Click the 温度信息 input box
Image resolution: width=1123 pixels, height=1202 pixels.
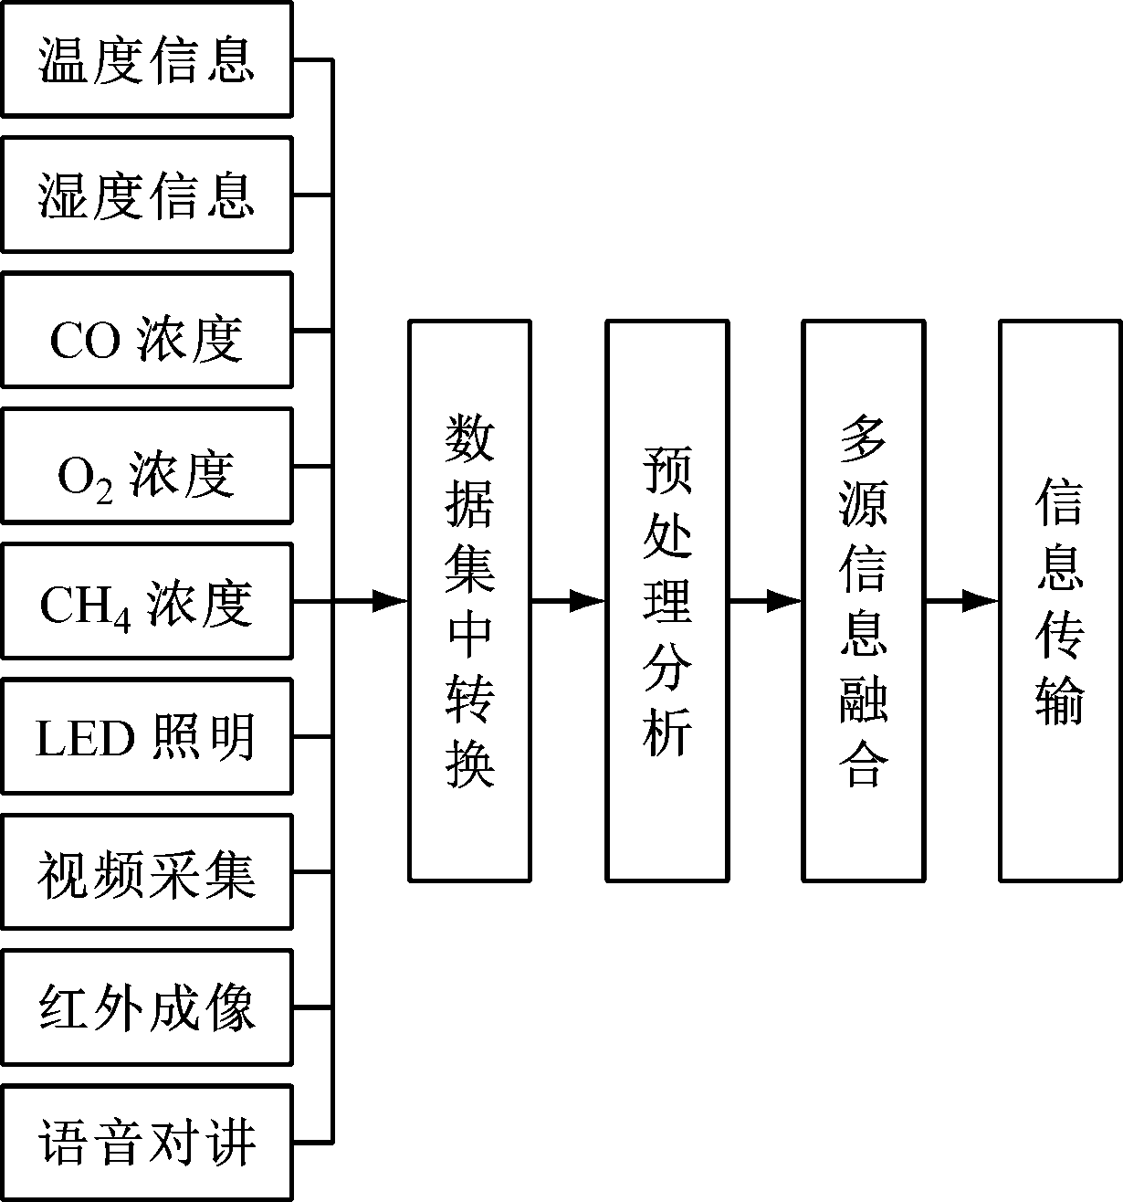pos(146,59)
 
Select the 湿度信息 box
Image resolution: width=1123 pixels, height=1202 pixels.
pos(146,195)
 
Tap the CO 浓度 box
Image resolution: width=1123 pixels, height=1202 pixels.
pos(146,330)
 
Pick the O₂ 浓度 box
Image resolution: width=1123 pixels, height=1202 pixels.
pos(146,466)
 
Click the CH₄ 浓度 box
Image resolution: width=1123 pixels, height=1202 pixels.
pos(146,601)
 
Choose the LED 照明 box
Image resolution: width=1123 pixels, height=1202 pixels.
pos(146,736)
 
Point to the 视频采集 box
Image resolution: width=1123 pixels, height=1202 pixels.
pos(146,872)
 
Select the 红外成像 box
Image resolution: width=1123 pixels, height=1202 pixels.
pos(146,1007)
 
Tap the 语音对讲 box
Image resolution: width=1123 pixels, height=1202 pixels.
pos(146,1143)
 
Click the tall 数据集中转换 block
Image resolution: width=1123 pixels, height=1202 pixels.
pos(469,601)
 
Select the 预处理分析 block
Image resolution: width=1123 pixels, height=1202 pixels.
pos(666,601)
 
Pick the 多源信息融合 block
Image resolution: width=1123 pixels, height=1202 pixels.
pos(864,601)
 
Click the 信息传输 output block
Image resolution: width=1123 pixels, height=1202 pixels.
pos(1060,601)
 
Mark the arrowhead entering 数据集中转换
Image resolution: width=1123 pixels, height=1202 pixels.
pos(390,601)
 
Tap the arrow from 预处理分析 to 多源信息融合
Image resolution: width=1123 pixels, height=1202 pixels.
pos(765,601)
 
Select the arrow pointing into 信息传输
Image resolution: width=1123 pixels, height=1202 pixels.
pos(962,601)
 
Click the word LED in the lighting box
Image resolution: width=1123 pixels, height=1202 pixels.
pos(85,738)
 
